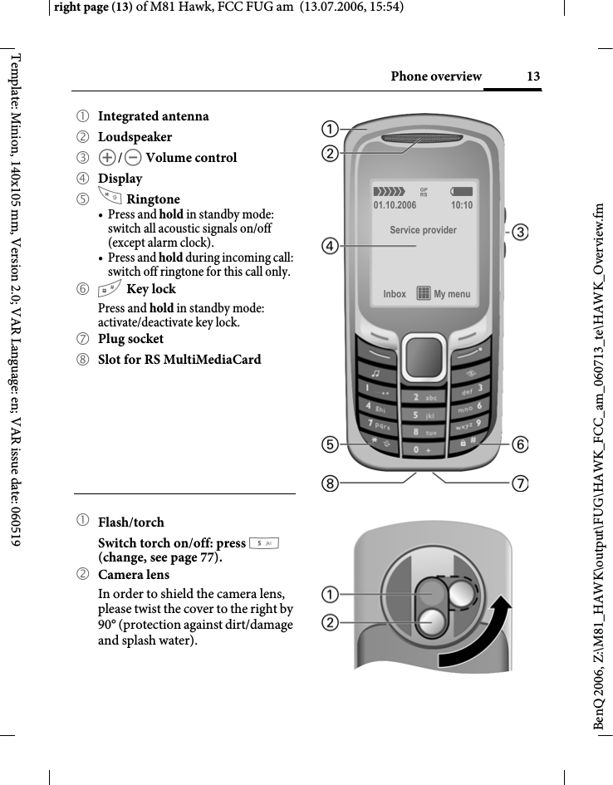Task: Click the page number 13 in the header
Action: pos(533,77)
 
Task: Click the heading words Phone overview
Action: pos(436,77)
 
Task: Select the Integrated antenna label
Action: pos(154,115)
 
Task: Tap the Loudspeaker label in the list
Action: pos(135,136)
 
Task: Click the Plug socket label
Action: pos(131,339)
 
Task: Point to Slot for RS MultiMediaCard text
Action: pos(179,360)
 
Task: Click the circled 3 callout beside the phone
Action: pos(521,232)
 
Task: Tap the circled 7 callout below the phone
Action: pos(521,482)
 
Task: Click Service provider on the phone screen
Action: pos(423,229)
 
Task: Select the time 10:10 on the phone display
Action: pos(462,204)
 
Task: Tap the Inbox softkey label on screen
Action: pos(395,294)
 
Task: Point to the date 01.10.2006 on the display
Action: pos(395,204)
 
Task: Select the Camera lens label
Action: pos(134,575)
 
